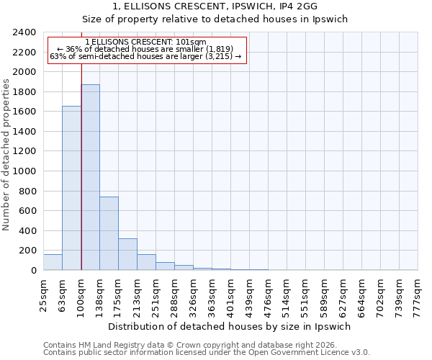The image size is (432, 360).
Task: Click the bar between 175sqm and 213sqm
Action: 127,254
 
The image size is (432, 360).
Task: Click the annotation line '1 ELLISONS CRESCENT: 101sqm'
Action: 145,42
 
